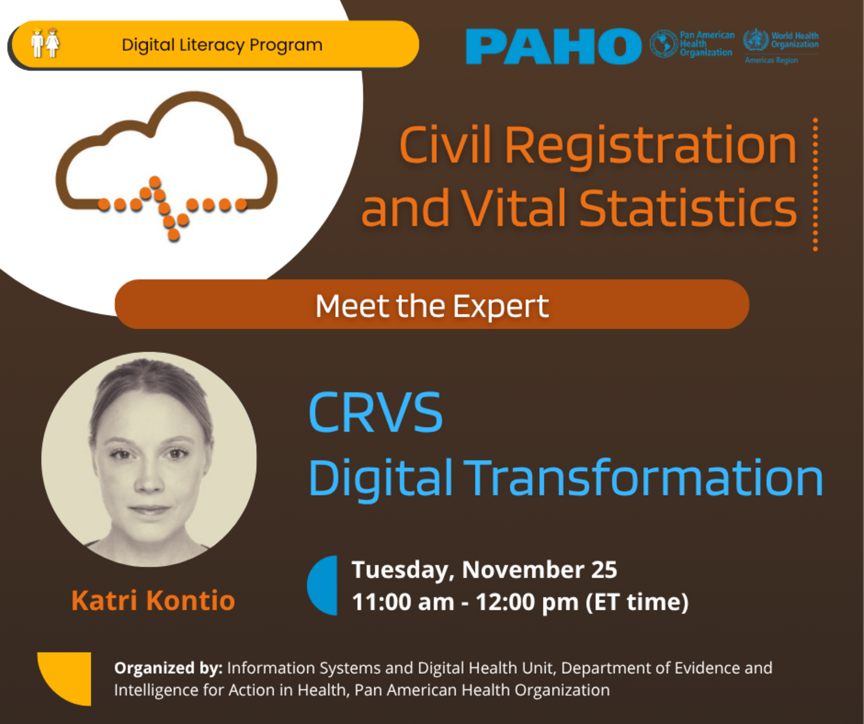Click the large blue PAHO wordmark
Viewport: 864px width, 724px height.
pyautogui.click(x=552, y=46)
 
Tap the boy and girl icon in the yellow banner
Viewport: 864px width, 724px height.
pyautogui.click(x=45, y=43)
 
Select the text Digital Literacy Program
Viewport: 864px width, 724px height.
pyautogui.click(x=221, y=45)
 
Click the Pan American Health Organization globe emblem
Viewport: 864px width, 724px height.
pyautogui.click(x=663, y=44)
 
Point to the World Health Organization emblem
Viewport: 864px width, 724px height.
pyautogui.click(x=755, y=40)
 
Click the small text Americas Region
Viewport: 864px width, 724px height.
pyautogui.click(x=771, y=60)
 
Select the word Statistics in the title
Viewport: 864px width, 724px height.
pyautogui.click(x=688, y=208)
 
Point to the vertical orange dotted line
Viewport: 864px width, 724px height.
pyautogui.click(x=815, y=184)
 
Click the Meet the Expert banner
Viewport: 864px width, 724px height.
pyautogui.click(x=431, y=305)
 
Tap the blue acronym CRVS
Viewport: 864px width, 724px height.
pyautogui.click(x=375, y=412)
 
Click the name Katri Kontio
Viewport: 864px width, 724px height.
pyautogui.click(x=153, y=600)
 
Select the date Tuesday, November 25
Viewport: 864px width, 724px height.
pyautogui.click(x=484, y=569)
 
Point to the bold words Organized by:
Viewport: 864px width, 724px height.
pyautogui.click(x=168, y=668)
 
